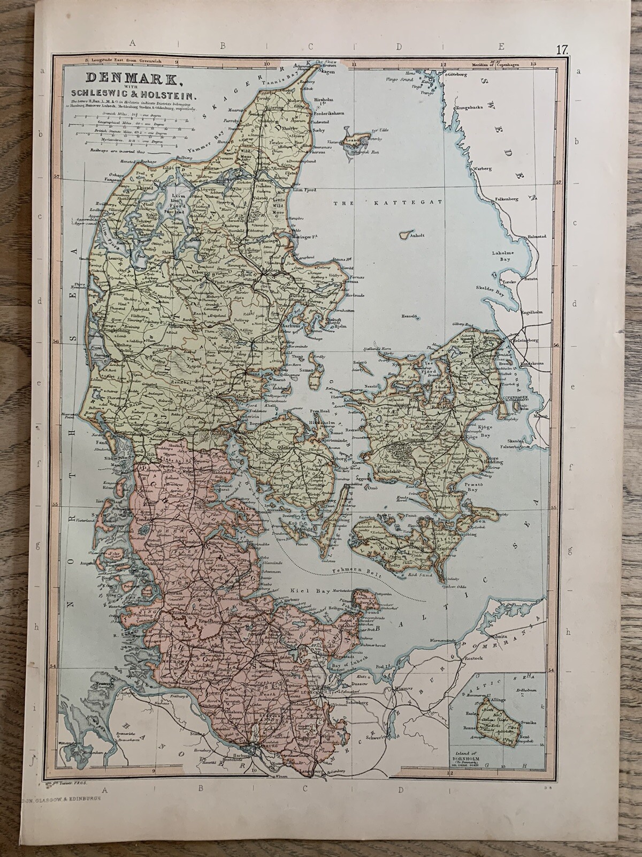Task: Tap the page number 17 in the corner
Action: pos(561,50)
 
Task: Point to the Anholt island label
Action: pos(415,235)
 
